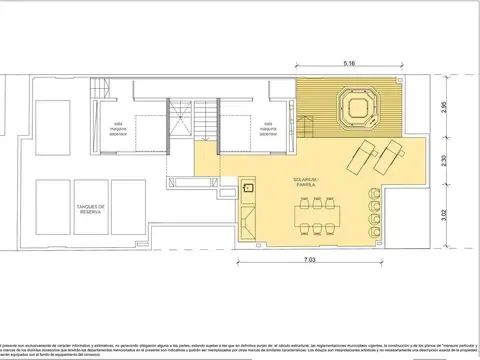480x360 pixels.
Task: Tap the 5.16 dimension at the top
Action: coord(350,64)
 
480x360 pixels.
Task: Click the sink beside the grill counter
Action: coord(249,187)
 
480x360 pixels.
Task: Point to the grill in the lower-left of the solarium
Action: coord(247,217)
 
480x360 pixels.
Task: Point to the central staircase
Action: coord(206,122)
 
